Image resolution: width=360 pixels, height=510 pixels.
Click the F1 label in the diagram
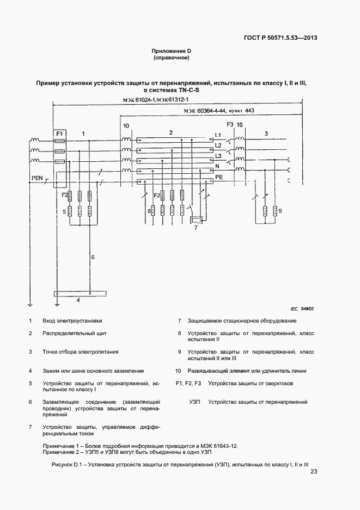60,133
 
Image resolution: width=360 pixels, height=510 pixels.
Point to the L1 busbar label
218,135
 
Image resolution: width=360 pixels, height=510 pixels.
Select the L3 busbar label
218,156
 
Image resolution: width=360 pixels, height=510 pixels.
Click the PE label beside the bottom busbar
219,177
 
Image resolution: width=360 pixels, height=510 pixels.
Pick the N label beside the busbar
218,166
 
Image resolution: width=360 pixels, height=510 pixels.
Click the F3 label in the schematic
230,125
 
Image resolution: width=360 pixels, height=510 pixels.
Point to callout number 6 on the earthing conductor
93,257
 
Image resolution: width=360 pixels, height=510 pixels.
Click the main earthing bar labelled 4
78,295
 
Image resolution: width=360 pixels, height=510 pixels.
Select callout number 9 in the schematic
279,210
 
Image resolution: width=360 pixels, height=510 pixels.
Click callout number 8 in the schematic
149,210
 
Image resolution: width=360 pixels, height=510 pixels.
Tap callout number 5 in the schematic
64,211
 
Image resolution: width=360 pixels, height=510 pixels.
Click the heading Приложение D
171,51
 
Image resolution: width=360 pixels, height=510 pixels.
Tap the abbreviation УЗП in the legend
195,402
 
